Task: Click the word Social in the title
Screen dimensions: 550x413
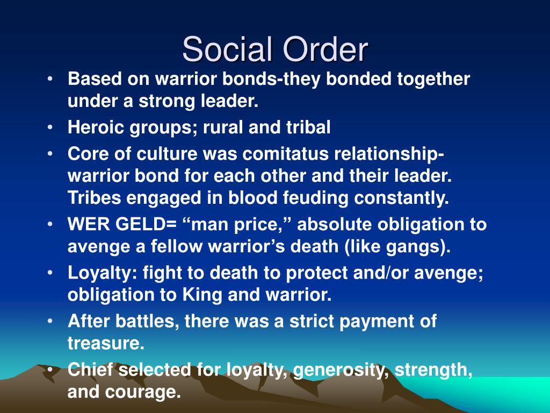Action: click(x=227, y=49)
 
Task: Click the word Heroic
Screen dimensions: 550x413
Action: click(x=96, y=127)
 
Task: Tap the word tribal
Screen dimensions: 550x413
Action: click(x=308, y=127)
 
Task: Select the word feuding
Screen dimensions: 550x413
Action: click(x=315, y=198)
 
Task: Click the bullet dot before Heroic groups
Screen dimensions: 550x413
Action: click(x=50, y=127)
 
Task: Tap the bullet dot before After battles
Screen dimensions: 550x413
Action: click(x=50, y=321)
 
